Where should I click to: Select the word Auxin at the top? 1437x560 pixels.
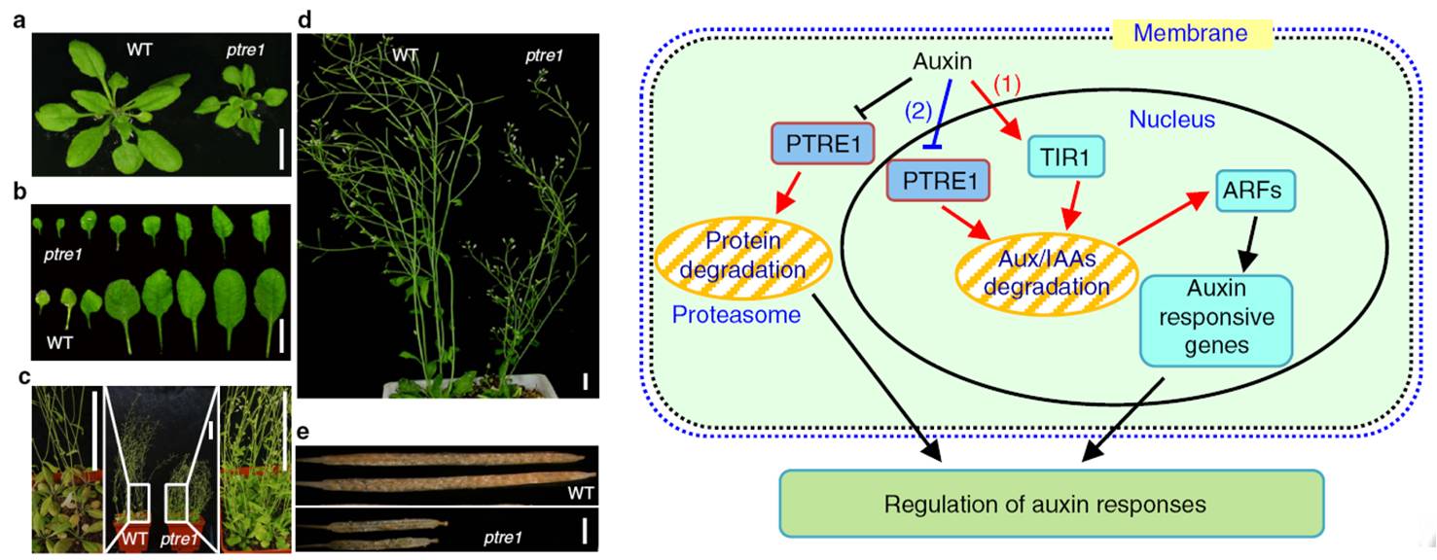(x=941, y=62)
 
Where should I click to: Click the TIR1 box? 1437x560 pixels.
(x=1066, y=155)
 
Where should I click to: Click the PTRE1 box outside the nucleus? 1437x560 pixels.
(x=822, y=142)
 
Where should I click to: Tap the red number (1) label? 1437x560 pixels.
(x=1009, y=86)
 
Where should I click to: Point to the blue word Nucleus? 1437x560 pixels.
(x=1171, y=120)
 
